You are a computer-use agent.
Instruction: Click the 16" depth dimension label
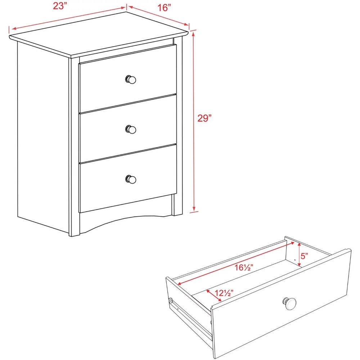164,8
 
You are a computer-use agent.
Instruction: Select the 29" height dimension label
204,118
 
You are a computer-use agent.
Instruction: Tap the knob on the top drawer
131,80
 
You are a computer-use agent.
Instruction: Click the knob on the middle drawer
131,129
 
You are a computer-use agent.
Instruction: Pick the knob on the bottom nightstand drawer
131,179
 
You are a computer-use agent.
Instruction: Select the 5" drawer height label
305,256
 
